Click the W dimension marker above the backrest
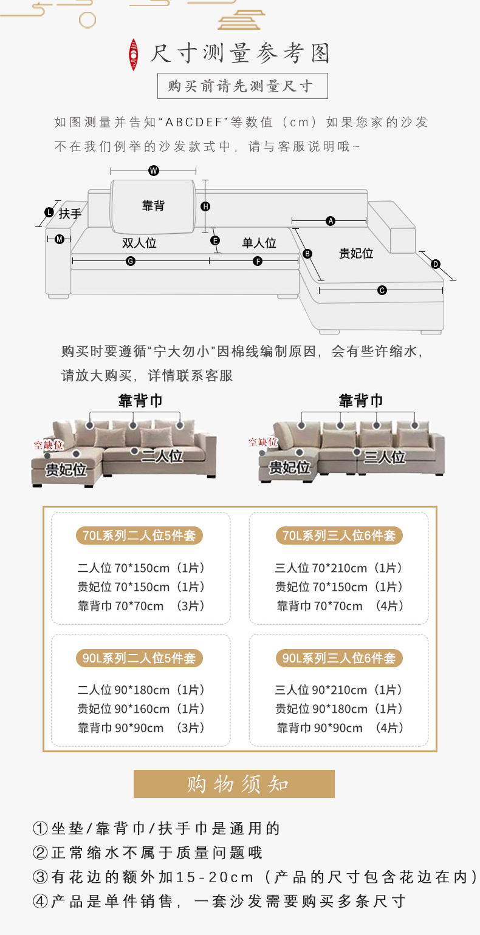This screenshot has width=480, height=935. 154,171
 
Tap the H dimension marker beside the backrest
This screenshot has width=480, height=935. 205,206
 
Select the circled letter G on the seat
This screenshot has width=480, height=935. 130,261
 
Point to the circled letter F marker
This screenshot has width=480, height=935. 258,261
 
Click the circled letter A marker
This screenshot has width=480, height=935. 331,221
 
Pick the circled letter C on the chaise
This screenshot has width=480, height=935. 382,290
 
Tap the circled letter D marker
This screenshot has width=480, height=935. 436,264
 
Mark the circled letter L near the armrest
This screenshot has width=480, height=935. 49,212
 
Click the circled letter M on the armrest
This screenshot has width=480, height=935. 60,239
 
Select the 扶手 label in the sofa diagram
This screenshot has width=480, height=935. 70,214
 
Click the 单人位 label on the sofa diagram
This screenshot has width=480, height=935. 259,243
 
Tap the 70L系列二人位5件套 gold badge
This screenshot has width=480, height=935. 140,535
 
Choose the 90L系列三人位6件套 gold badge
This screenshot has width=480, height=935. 339,658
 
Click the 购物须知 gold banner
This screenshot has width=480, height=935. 234,784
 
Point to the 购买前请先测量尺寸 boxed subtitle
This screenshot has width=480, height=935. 242,86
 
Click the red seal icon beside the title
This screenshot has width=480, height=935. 134,55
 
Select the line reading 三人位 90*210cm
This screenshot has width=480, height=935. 339,690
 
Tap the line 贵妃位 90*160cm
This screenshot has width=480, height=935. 141,709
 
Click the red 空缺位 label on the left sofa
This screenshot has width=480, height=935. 48,445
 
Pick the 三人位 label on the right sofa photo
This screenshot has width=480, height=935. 385,457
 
